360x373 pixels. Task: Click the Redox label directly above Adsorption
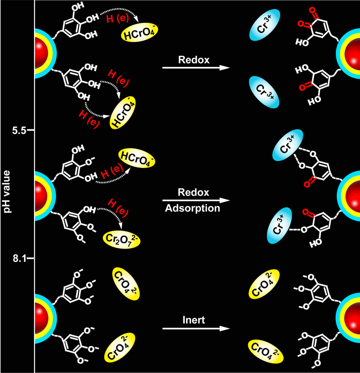coord(194,192)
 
